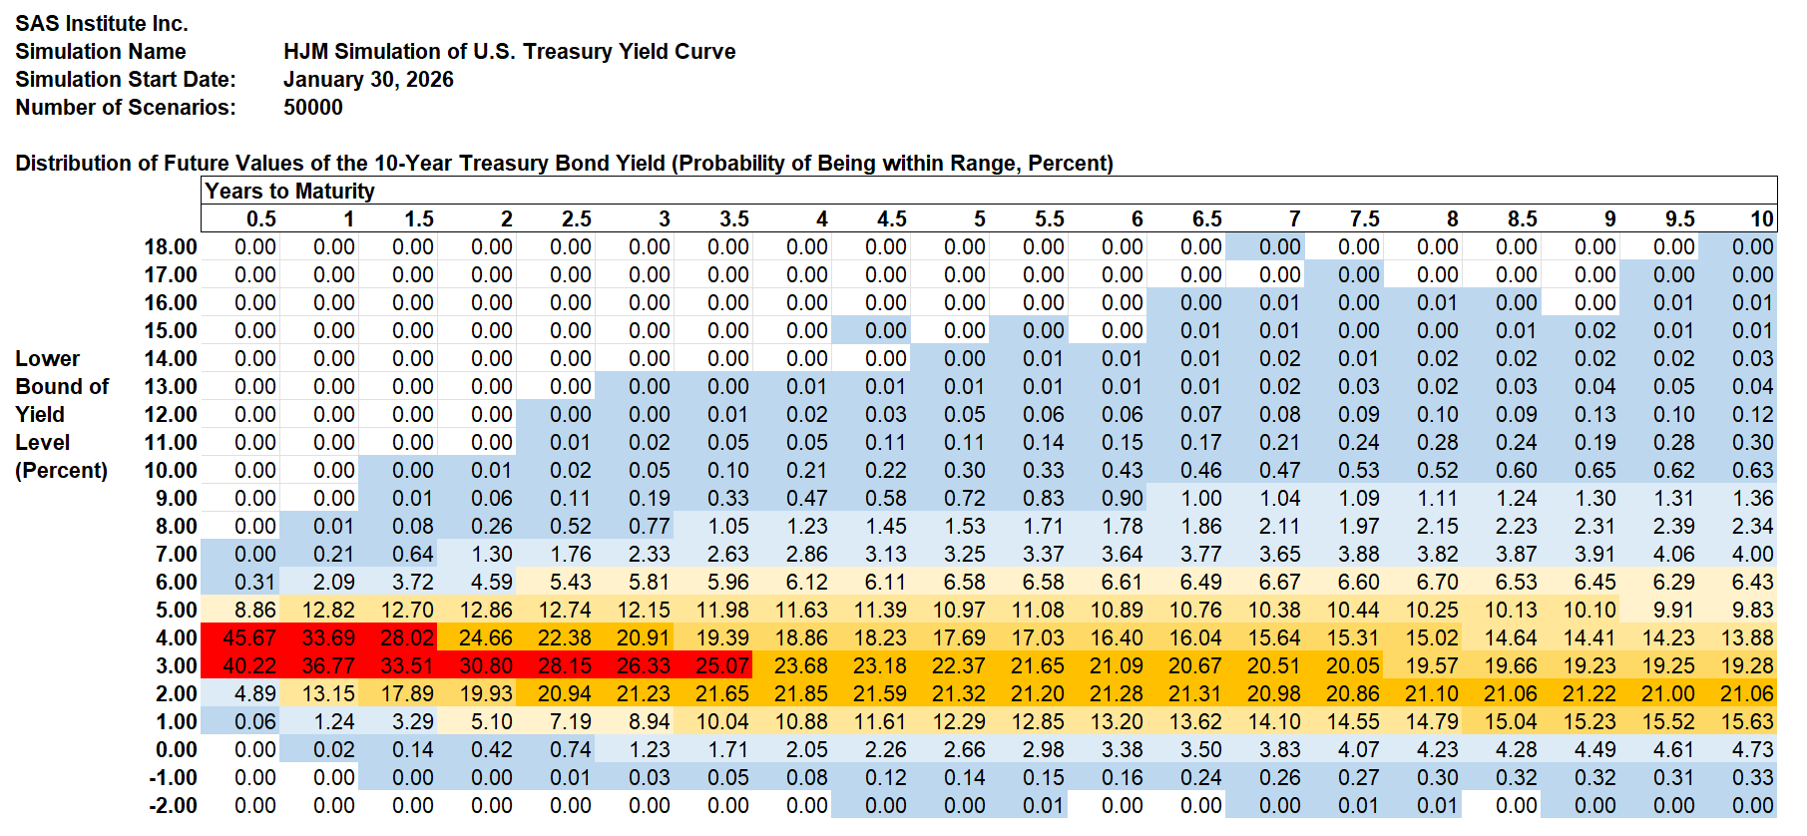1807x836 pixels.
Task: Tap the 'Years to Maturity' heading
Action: click(x=289, y=191)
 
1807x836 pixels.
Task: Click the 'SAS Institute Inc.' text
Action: click(x=102, y=23)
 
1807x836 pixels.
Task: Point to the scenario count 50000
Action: click(x=312, y=107)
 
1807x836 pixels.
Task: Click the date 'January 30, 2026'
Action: click(x=368, y=79)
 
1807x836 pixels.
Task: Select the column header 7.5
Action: click(x=1364, y=218)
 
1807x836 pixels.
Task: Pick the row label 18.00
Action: click(x=171, y=246)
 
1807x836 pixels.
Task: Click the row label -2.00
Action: click(x=173, y=805)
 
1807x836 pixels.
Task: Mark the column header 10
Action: click(x=1761, y=218)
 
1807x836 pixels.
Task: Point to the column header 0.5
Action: click(x=261, y=218)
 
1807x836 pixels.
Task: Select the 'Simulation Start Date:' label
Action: click(x=126, y=79)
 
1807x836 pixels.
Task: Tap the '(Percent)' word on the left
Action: click(x=61, y=470)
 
